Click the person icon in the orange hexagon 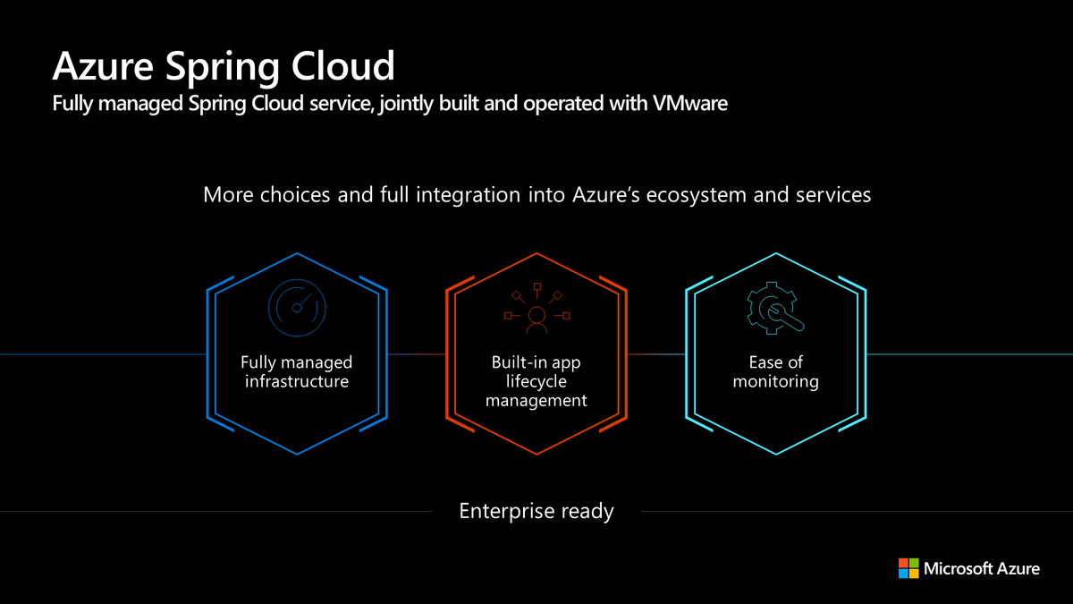536,319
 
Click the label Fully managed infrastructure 296,372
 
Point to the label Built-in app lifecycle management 536,381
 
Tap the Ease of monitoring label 775,372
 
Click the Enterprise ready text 536,512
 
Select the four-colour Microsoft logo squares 908,567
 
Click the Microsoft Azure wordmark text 982,567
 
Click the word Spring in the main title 227,67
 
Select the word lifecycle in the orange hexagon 536,381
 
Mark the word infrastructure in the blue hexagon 296,382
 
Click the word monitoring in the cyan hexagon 775,382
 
